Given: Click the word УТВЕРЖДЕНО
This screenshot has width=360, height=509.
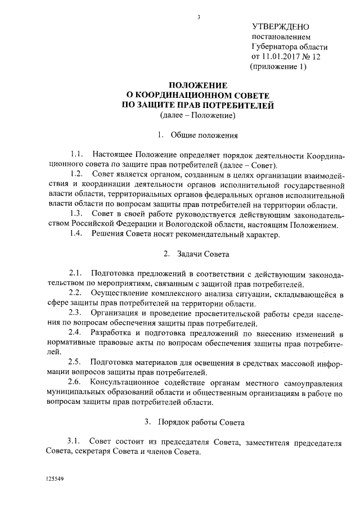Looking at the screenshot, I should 280,27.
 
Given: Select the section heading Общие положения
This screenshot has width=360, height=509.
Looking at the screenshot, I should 205,136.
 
